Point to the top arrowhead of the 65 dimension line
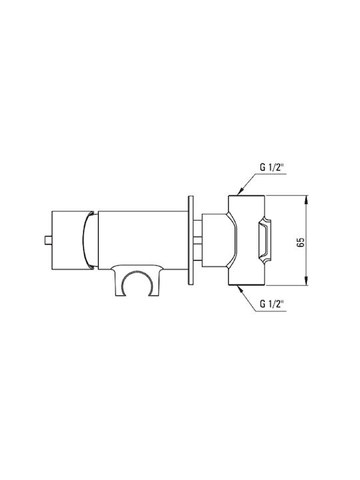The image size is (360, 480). [x=307, y=200]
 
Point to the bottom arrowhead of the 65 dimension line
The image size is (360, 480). [x=307, y=281]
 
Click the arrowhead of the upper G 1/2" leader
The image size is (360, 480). [x=241, y=191]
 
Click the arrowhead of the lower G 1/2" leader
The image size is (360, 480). [x=241, y=289]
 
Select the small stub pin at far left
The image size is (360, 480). [x=48, y=240]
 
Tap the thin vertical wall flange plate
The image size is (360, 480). [x=191, y=240]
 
